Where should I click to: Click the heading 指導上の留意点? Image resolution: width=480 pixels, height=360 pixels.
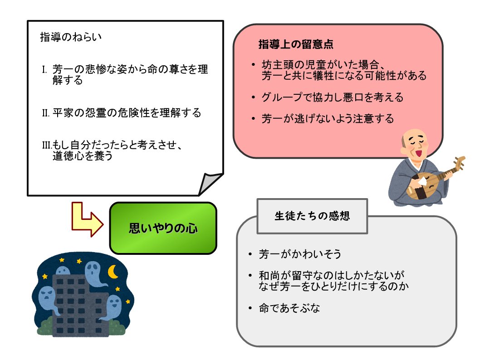pos(296,45)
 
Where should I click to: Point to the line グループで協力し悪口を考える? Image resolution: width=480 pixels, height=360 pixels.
pos(332,97)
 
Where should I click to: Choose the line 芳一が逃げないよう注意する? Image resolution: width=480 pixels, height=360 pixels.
pos(328,119)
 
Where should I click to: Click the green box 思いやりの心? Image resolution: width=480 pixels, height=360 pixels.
pos(163,228)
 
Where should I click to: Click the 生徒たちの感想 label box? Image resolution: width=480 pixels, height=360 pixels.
pos(312,216)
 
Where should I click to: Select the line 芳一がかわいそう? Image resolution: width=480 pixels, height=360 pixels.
pos(300,254)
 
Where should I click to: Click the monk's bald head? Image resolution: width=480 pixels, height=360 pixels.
pos(416,138)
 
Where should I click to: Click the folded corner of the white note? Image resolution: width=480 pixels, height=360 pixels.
pos(210,183)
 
